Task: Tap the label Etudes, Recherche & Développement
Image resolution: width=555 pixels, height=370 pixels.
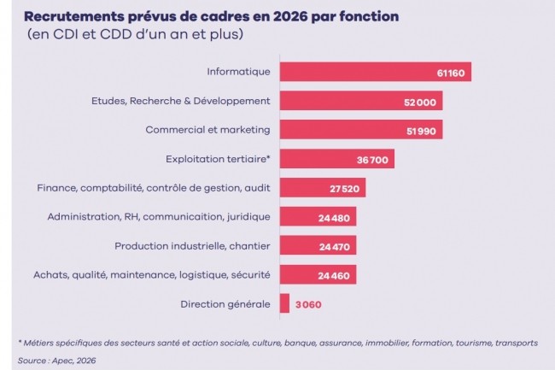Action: click(x=181, y=101)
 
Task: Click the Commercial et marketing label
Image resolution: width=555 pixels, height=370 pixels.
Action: click(x=207, y=130)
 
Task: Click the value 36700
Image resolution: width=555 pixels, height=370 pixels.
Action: click(x=372, y=160)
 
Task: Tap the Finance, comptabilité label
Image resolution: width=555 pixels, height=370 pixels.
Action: click(x=154, y=188)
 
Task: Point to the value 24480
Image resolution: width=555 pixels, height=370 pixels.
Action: click(x=336, y=218)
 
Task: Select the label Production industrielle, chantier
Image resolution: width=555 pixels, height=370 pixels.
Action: click(x=192, y=246)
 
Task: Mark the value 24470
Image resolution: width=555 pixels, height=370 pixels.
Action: click(x=336, y=247)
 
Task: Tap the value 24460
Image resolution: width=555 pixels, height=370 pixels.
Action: click(x=336, y=276)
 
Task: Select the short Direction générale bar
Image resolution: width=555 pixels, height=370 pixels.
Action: click(x=284, y=304)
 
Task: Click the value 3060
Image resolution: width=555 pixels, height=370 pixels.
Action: click(x=308, y=305)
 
